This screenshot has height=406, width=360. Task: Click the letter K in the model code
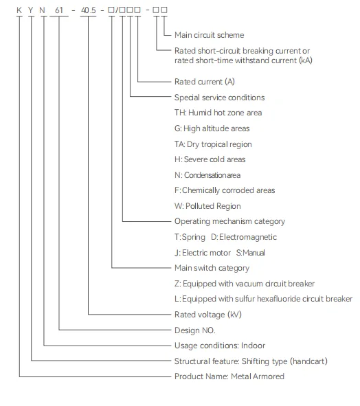click(x=19, y=10)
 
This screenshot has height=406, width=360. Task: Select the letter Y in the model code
click(x=31, y=10)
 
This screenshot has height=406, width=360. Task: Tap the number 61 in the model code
click(x=59, y=10)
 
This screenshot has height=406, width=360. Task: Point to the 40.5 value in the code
click(x=89, y=10)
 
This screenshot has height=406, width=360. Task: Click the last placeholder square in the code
click(x=164, y=10)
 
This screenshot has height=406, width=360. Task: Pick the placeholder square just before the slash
click(x=111, y=10)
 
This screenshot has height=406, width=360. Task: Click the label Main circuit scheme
click(x=210, y=35)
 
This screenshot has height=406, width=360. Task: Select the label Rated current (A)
click(x=205, y=82)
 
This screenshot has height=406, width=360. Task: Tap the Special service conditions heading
click(x=220, y=98)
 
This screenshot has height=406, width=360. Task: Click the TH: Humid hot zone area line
click(x=218, y=113)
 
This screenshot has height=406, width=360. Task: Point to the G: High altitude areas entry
click(x=212, y=128)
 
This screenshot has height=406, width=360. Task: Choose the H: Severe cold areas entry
click(x=210, y=159)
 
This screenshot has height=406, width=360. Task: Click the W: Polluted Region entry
click(x=207, y=206)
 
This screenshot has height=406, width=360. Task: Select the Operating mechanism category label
click(x=229, y=221)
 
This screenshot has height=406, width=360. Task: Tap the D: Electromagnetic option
click(x=244, y=237)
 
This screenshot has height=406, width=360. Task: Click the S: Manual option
click(x=251, y=253)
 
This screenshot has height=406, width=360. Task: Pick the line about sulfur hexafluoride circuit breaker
click(x=263, y=299)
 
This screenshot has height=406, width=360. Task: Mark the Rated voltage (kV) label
click(x=208, y=315)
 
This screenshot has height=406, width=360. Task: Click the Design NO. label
click(x=194, y=330)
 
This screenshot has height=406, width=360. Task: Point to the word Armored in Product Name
click(x=269, y=376)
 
